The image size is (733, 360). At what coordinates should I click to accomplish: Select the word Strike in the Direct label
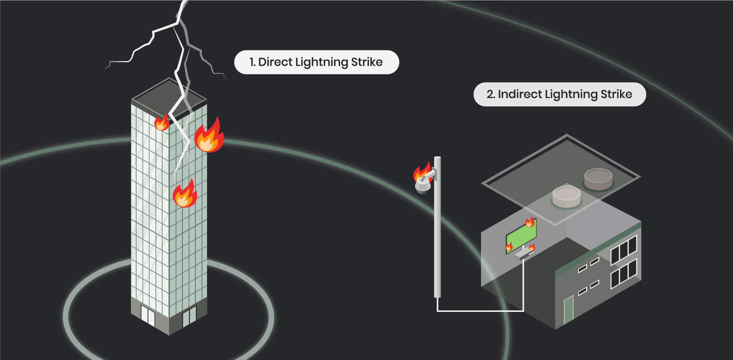(366, 62)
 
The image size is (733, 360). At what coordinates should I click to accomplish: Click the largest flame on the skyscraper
(209, 136)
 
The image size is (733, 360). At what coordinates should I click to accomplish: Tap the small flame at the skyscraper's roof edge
(161, 123)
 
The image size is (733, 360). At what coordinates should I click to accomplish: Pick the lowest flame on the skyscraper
(185, 194)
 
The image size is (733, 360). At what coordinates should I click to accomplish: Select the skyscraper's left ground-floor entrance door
(147, 315)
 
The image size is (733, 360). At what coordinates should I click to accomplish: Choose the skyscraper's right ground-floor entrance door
(189, 316)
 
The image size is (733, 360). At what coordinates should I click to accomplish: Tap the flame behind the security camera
(421, 171)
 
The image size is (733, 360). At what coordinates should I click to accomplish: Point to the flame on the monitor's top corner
(530, 222)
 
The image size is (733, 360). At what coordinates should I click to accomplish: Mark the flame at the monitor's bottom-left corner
(509, 247)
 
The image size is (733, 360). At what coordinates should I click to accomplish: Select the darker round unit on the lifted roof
(598, 179)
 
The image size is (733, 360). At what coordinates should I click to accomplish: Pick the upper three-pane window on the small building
(624, 250)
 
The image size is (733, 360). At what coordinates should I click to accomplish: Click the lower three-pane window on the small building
(624, 273)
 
